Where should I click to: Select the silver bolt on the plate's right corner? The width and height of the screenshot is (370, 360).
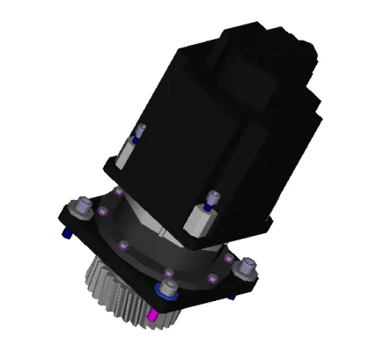click(249, 264)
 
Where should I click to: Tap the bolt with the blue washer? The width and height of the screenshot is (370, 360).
click(165, 289)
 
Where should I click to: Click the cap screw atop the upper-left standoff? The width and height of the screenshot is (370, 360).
click(138, 132)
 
